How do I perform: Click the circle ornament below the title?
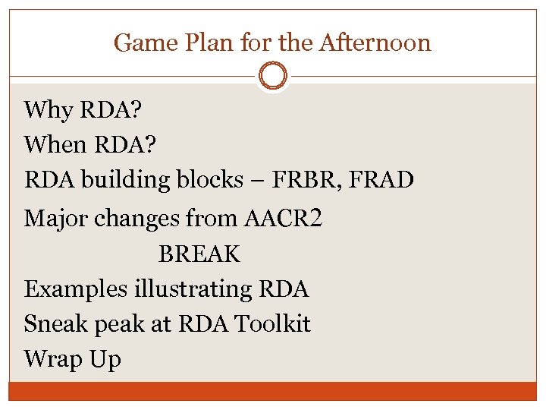(272, 76)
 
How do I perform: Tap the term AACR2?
(284, 219)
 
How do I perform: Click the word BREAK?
(199, 254)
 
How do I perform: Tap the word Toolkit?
(272, 324)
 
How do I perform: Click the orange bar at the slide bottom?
(273, 391)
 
